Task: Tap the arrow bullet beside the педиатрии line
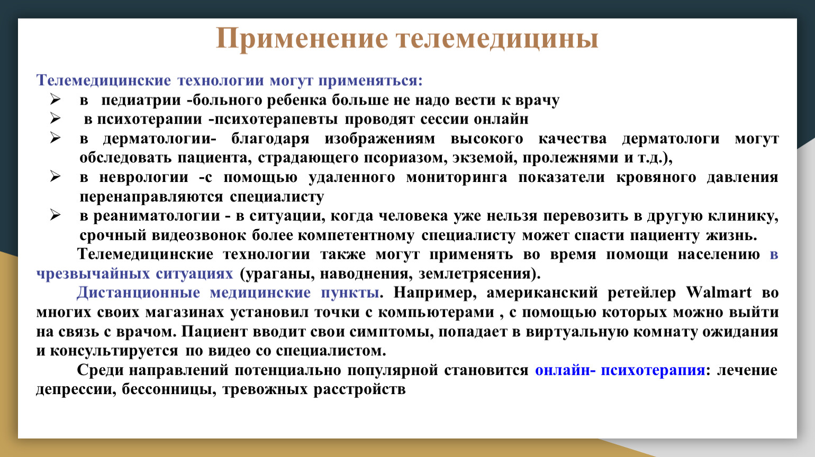click(x=55, y=99)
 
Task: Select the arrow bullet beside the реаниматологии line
click(x=55, y=215)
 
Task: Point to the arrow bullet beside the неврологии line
click(x=55, y=177)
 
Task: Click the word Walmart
click(x=719, y=293)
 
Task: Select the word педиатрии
click(x=141, y=100)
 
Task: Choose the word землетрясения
click(x=475, y=274)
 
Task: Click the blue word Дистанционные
click(x=138, y=293)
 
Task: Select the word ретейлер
click(x=642, y=293)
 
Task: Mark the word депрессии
click(x=76, y=389)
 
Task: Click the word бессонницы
click(x=169, y=389)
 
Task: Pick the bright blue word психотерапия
click(x=653, y=370)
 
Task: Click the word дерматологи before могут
click(x=671, y=139)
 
